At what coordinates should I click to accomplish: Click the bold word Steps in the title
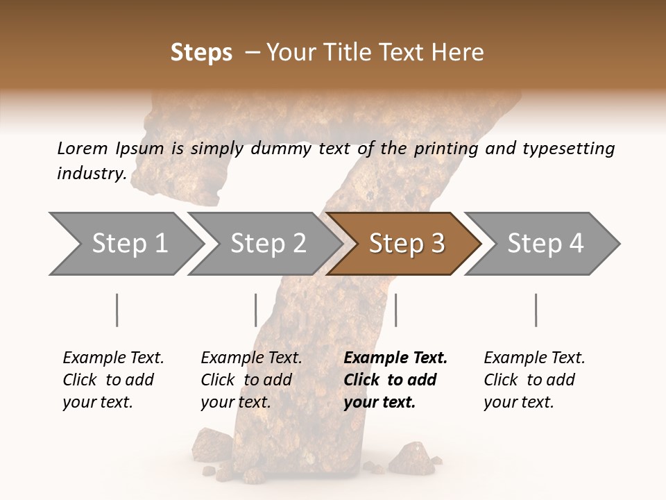[x=201, y=53]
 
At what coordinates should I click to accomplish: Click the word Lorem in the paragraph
[x=82, y=148]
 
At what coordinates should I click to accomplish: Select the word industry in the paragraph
[x=91, y=173]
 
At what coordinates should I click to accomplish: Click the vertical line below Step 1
[x=117, y=310]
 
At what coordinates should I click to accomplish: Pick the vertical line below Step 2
[x=256, y=310]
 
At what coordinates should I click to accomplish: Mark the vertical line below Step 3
[x=395, y=310]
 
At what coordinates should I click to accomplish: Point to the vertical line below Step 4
[x=536, y=310]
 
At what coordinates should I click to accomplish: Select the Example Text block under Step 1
[x=113, y=380]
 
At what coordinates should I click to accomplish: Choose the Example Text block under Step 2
[x=251, y=380]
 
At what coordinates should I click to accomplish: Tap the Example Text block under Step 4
[x=534, y=380]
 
